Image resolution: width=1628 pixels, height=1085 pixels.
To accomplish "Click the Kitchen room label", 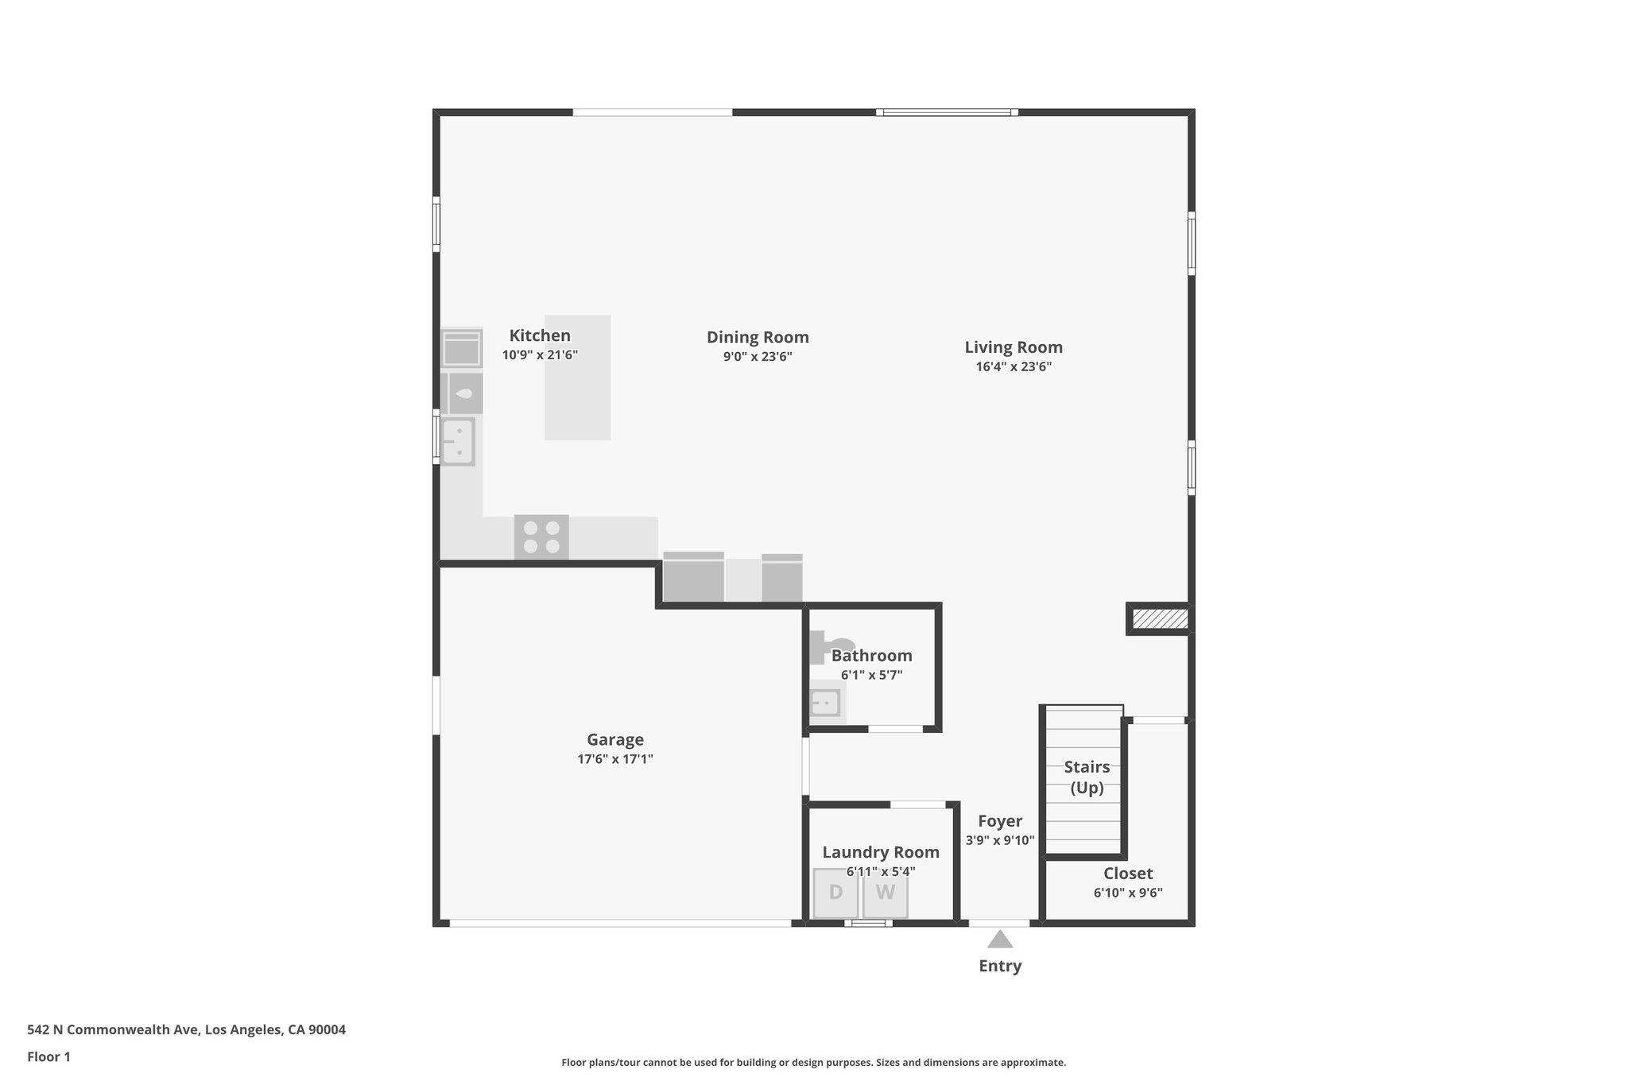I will tap(540, 335).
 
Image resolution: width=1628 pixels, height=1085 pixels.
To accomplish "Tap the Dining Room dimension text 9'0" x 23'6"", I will tap(758, 357).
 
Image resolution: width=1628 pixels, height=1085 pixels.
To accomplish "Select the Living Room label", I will tap(1014, 347).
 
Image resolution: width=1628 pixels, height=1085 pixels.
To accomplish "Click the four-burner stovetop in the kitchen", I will tap(541, 537).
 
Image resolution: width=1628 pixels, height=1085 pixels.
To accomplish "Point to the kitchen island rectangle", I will tap(578, 378).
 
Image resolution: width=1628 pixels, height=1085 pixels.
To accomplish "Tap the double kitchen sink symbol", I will tap(459, 441).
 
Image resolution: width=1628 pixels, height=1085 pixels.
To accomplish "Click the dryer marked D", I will tap(835, 892).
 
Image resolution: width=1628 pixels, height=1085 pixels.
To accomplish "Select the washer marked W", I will tap(885, 892).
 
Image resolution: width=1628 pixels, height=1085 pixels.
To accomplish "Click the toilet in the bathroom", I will tap(831, 646).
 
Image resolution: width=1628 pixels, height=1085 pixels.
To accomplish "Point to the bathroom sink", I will tap(824, 703).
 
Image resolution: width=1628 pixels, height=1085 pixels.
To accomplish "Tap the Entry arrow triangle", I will tap(1000, 940).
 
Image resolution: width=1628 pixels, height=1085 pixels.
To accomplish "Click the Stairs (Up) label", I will tap(1087, 777).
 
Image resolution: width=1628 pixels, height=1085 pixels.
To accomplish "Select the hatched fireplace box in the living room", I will tap(1160, 618).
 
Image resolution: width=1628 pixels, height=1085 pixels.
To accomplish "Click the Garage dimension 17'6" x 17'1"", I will tap(615, 759).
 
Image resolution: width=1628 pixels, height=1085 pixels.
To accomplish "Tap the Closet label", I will tap(1128, 874).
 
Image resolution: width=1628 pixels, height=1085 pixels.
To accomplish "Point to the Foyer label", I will tap(1000, 821).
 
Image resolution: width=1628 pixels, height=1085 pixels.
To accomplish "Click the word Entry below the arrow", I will tap(1000, 966).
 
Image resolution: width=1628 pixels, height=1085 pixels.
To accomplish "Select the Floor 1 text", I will tap(48, 1057).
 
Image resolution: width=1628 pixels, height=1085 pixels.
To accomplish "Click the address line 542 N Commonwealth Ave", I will tap(186, 1030).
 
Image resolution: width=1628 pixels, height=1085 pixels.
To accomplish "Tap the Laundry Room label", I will tap(881, 852).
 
